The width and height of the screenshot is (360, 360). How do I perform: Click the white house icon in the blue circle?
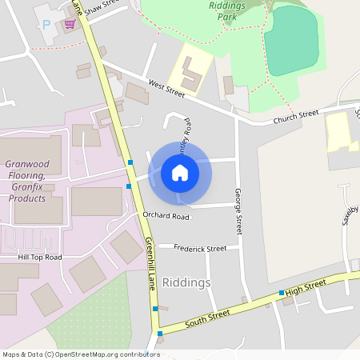180,172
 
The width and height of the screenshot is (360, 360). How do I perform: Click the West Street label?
166,89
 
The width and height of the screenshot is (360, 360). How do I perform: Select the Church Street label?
296,118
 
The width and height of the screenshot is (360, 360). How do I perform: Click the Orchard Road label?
166,216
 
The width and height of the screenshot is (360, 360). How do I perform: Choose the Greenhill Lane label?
150,264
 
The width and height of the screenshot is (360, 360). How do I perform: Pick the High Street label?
306,287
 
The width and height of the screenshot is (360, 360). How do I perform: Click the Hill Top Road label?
40,258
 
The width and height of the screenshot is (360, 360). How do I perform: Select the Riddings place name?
186,282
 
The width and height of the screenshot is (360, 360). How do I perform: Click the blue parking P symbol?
46,25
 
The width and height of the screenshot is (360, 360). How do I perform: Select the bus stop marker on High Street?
282,294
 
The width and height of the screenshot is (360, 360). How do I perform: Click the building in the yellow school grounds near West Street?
191,77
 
